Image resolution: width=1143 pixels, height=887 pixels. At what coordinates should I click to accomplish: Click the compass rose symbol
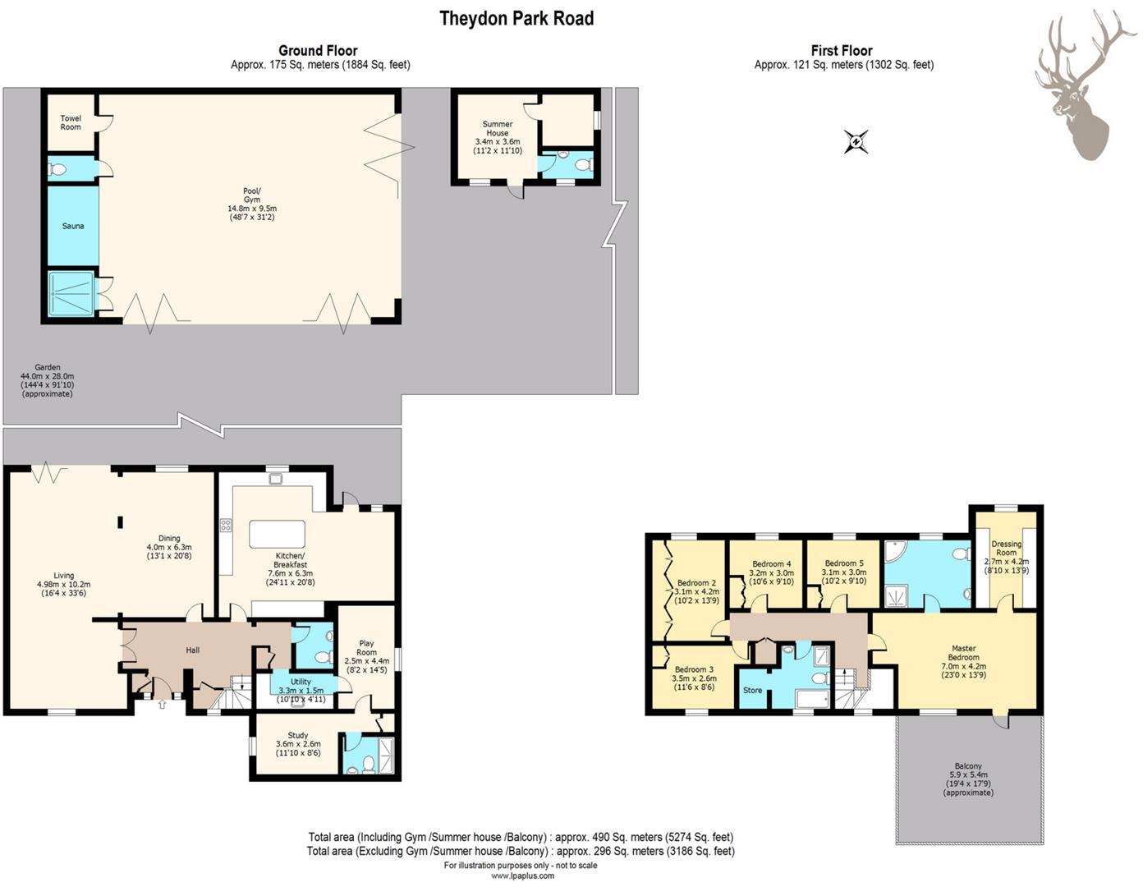[856, 141]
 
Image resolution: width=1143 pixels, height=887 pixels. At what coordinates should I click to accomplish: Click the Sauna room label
[73, 226]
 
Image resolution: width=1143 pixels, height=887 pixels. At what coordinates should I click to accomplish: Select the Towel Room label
[71, 122]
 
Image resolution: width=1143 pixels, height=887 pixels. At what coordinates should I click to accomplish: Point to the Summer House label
[498, 128]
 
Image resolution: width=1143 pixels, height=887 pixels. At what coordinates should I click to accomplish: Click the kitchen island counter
[278, 534]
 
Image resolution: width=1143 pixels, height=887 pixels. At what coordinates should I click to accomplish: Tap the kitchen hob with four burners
[226, 525]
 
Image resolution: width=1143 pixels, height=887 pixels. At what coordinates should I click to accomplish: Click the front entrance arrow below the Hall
[162, 704]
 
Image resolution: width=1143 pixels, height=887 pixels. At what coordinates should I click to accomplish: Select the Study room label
[298, 735]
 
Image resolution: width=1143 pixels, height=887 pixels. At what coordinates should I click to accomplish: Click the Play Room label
[366, 648]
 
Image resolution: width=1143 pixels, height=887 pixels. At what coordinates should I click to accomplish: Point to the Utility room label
[301, 682]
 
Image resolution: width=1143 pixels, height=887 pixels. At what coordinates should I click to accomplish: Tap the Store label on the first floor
[753, 690]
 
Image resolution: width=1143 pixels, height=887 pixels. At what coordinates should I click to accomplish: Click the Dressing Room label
[1006, 548]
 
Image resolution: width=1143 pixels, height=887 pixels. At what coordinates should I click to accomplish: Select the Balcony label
[968, 766]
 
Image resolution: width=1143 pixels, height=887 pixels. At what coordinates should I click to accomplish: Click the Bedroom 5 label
[844, 563]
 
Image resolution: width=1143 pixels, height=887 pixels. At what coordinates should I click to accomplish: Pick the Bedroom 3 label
[695, 669]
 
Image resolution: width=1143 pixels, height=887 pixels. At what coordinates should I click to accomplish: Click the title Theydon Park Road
[516, 18]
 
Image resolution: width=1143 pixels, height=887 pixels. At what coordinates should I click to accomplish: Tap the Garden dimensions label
[48, 380]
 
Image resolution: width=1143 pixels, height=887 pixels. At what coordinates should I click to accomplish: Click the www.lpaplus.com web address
[522, 876]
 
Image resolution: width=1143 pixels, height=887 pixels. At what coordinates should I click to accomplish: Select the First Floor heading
[842, 50]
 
